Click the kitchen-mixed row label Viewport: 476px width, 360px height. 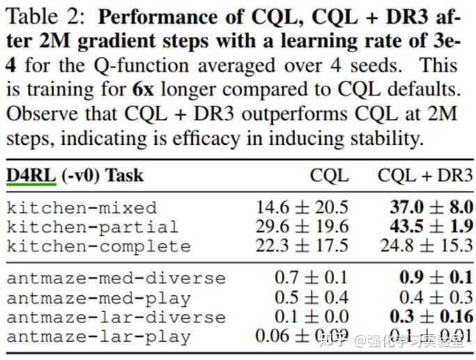click(x=82, y=208)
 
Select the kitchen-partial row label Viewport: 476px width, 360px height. click(x=92, y=227)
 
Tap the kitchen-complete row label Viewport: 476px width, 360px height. click(x=98, y=246)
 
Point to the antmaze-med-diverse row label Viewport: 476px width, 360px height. click(x=116, y=278)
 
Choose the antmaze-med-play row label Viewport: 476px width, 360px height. click(x=98, y=298)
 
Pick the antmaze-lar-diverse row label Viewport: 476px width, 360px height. click(x=116, y=318)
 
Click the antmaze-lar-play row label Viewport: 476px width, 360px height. click(x=98, y=337)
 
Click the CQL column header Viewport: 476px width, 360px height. click(x=329, y=175)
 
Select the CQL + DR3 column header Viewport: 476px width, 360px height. click(x=425, y=175)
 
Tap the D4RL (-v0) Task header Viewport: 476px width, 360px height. click(x=75, y=174)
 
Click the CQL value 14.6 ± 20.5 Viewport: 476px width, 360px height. click(x=302, y=207)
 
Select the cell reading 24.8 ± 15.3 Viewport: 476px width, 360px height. click(x=427, y=246)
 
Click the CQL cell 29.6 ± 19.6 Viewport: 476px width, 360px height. click(x=302, y=226)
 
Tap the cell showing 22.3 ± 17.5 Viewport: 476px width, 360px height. click(x=302, y=246)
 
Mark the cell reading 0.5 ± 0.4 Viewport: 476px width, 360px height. click(x=311, y=297)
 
